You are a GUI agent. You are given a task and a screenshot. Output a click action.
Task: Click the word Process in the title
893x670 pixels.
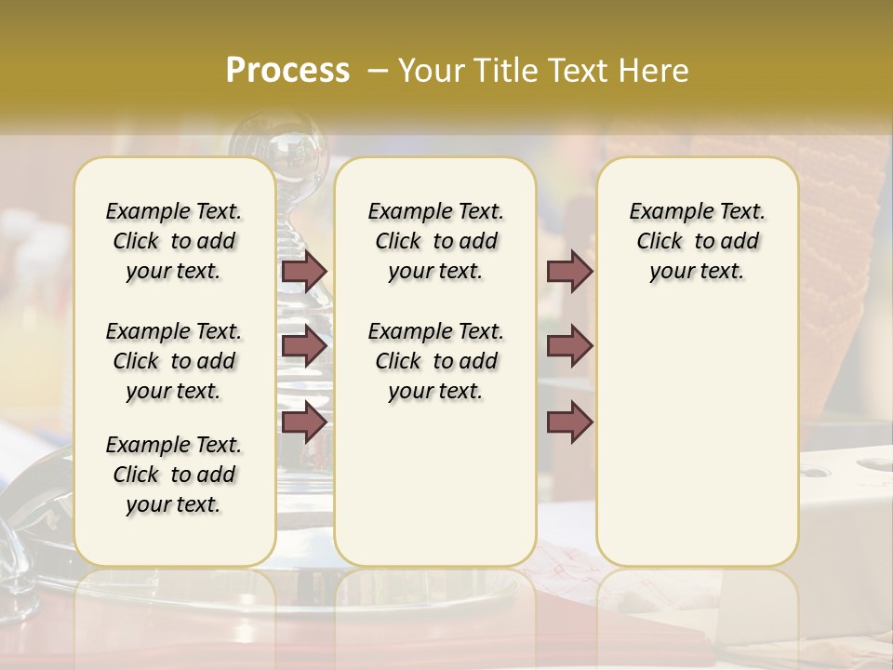pyautogui.click(x=287, y=71)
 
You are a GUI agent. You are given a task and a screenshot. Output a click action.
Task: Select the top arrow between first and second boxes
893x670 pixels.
pyautogui.click(x=304, y=272)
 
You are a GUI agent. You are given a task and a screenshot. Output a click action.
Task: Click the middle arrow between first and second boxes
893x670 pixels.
pyautogui.click(x=304, y=347)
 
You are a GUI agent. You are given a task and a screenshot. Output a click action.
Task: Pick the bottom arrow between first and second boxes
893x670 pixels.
pyautogui.click(x=304, y=422)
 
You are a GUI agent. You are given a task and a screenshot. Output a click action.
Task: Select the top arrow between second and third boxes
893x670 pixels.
pyautogui.click(x=569, y=272)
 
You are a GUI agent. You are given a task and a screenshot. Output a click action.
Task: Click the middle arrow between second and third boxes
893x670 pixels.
pyautogui.click(x=569, y=347)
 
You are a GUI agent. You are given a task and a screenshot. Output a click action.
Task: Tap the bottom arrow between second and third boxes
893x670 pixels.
pyautogui.click(x=569, y=422)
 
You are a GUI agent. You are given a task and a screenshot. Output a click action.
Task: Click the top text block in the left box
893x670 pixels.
pyautogui.click(x=174, y=241)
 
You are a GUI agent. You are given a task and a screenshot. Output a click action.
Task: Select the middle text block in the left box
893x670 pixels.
pyautogui.click(x=174, y=361)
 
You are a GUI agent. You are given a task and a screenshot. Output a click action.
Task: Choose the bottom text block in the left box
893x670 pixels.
pyautogui.click(x=174, y=475)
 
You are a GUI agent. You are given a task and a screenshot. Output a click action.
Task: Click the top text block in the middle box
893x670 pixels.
pyautogui.click(x=435, y=241)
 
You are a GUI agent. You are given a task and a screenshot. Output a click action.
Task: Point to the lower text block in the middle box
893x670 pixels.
pyautogui.click(x=435, y=361)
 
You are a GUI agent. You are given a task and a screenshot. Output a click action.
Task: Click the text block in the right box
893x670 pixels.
pyautogui.click(x=697, y=241)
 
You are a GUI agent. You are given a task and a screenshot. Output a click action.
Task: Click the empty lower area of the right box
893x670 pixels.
pyautogui.click(x=697, y=437)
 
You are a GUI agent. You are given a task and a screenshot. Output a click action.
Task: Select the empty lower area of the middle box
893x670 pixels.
pyautogui.click(x=435, y=484)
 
